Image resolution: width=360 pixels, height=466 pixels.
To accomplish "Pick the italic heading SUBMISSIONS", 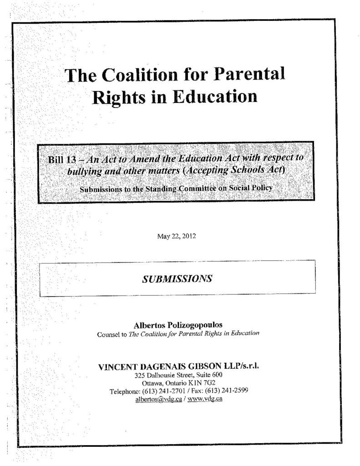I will coord(177,279).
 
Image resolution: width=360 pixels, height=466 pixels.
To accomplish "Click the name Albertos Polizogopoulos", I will coord(178,325).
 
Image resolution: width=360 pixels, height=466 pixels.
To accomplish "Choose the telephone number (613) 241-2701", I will coord(166,391).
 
